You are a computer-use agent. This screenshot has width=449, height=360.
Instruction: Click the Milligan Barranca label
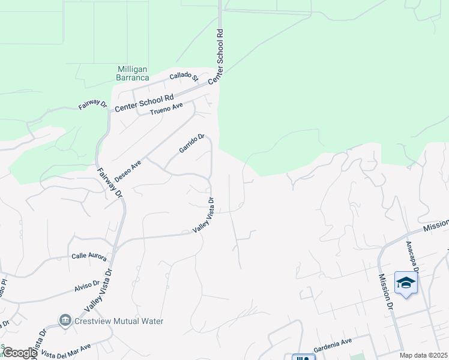(x=132, y=73)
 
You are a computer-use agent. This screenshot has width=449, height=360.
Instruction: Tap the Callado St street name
(x=184, y=76)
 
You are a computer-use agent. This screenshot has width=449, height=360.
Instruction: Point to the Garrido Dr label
(x=192, y=143)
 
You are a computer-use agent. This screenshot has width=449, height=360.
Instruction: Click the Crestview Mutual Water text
(x=119, y=321)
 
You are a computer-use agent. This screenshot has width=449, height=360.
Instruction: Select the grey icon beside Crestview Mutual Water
(x=65, y=321)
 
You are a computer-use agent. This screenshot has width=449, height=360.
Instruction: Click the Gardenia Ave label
(x=334, y=342)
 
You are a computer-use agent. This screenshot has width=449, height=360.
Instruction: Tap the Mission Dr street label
(x=385, y=293)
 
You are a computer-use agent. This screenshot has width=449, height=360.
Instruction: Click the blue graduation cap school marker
(x=406, y=283)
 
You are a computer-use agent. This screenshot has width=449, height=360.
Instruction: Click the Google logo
(x=19, y=353)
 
